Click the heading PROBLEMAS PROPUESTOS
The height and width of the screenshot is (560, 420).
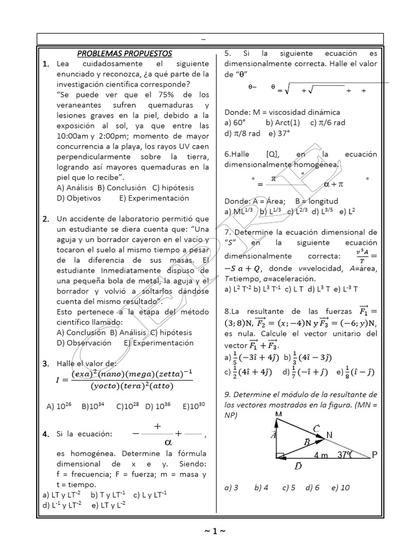(x=124, y=54)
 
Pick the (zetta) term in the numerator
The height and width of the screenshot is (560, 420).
(x=162, y=374)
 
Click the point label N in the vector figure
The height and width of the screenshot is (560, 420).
(x=329, y=435)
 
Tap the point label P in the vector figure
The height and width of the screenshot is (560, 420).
(x=375, y=454)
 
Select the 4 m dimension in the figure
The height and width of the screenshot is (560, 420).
(x=322, y=454)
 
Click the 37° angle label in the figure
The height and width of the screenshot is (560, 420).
(x=346, y=454)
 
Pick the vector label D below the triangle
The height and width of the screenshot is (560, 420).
(x=297, y=466)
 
